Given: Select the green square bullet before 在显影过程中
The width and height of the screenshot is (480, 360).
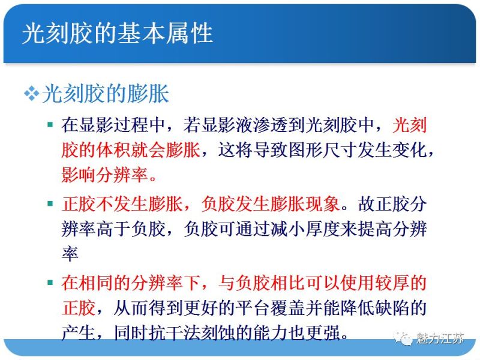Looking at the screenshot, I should click(50, 125).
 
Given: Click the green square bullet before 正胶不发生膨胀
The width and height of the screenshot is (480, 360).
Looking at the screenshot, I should click(50, 204).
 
